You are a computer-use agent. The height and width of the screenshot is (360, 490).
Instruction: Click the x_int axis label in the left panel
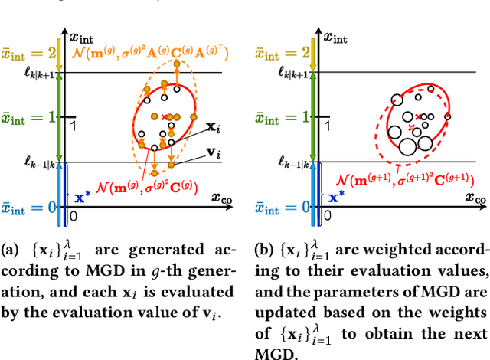point(83,35)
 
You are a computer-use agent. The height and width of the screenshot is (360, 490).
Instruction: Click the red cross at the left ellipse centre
point(164,116)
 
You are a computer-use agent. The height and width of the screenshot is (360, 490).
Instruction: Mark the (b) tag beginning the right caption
point(263,248)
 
